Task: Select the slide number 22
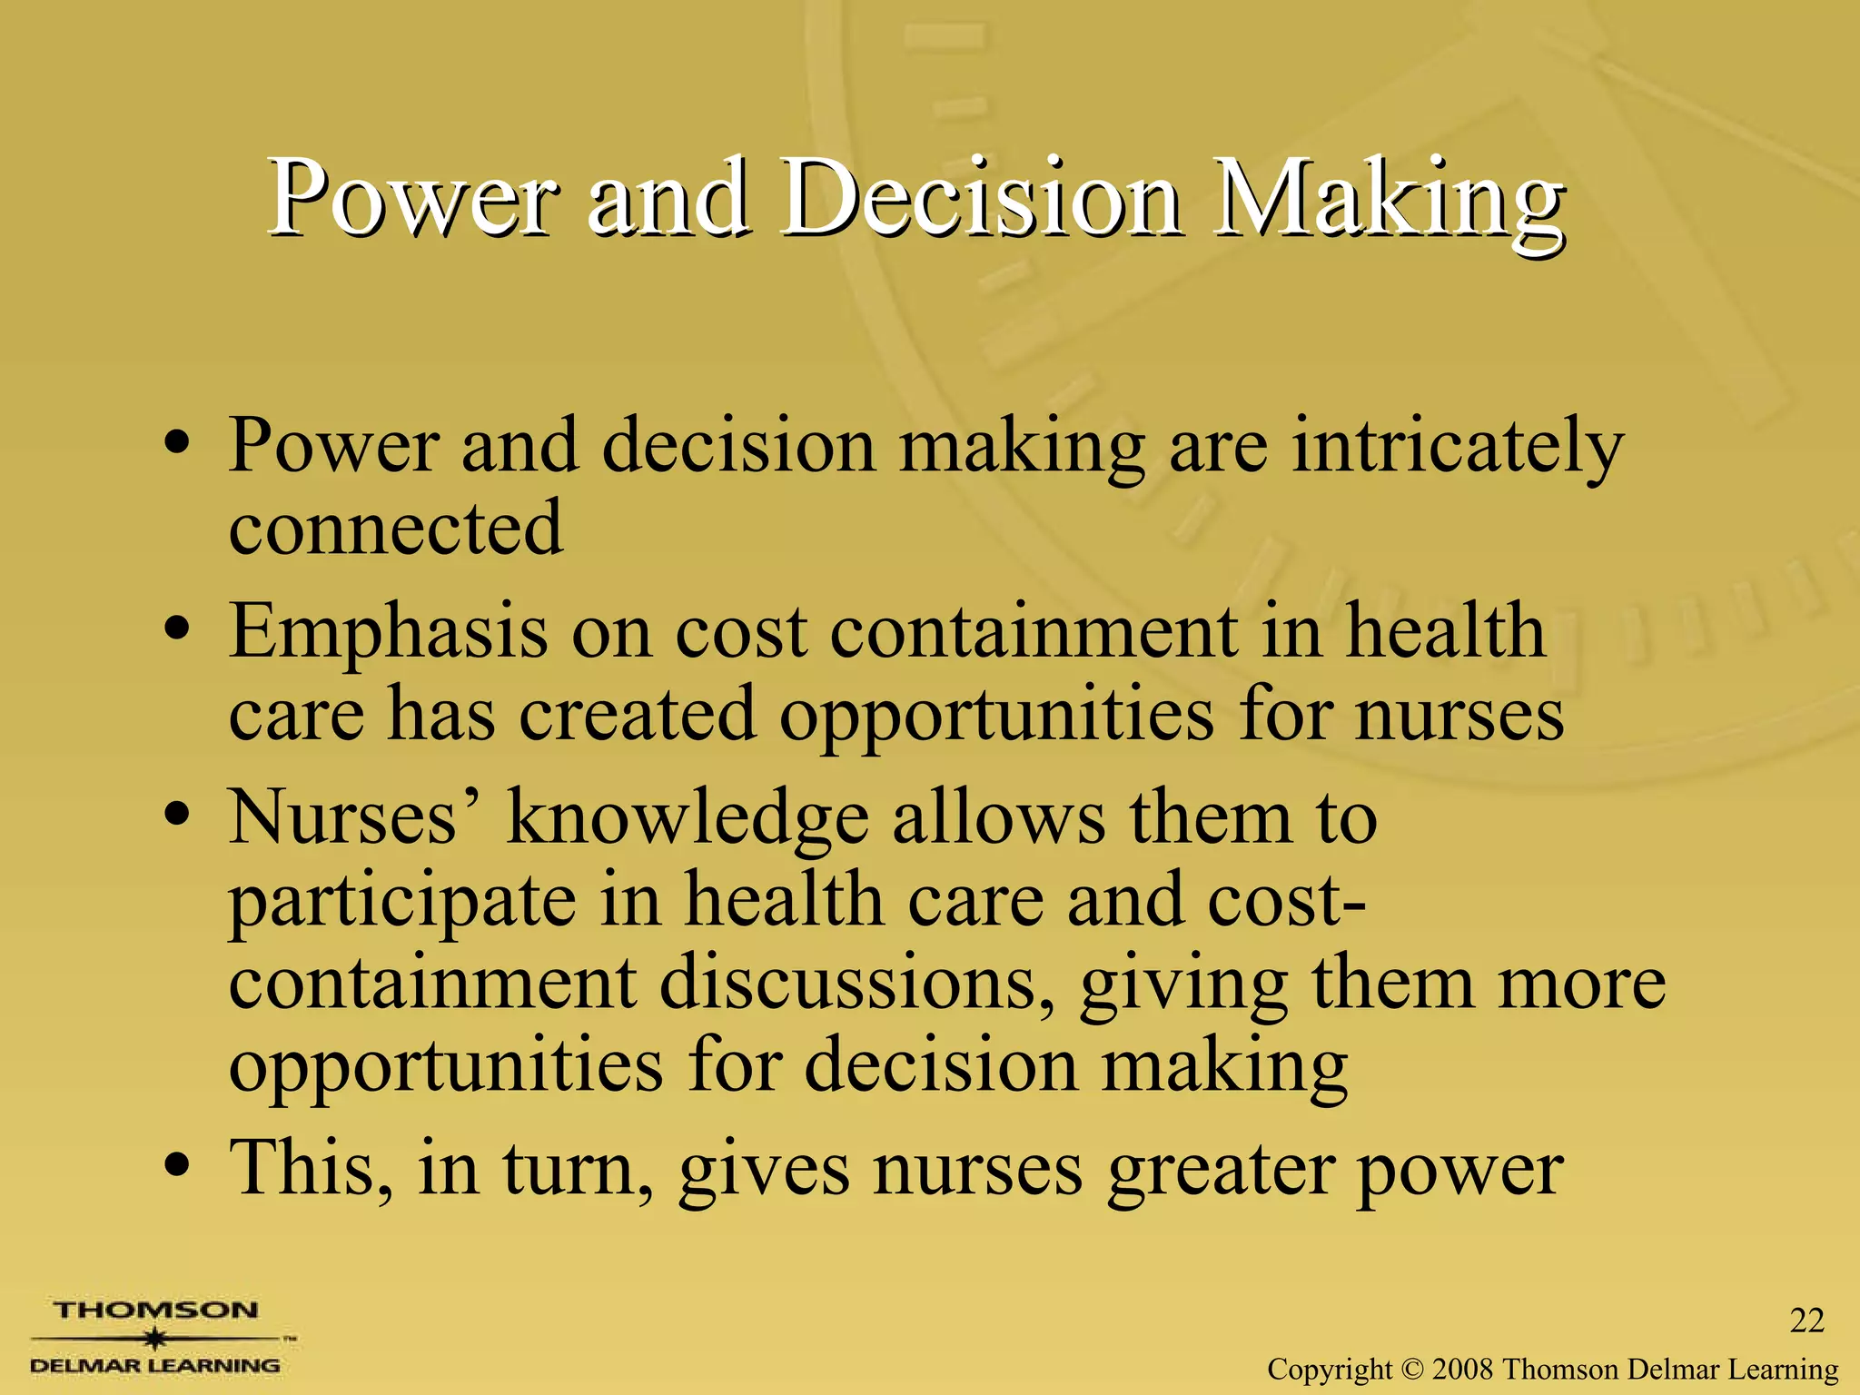[1806, 1321]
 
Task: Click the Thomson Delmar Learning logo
[156, 1337]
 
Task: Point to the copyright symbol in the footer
[1412, 1369]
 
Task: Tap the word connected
[395, 528]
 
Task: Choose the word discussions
[857, 983]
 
